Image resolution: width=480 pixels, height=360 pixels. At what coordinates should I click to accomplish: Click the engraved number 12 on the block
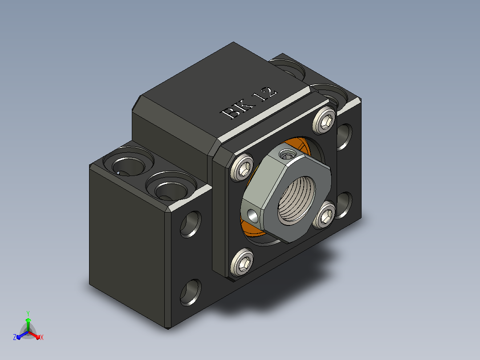pyautogui.click(x=267, y=94)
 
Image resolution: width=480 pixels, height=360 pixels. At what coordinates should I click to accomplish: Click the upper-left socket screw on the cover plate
pyautogui.click(x=242, y=168)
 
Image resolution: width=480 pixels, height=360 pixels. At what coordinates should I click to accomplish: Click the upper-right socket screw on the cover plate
pyautogui.click(x=325, y=120)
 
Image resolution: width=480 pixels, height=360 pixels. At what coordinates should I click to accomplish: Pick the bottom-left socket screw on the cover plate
pyautogui.click(x=242, y=262)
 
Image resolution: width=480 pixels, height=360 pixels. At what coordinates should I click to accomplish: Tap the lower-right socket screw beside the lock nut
pyautogui.click(x=324, y=215)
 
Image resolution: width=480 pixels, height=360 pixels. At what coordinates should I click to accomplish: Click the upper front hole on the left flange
pyautogui.click(x=191, y=224)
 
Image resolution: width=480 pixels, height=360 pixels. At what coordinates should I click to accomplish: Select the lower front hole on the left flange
pyautogui.click(x=191, y=292)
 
